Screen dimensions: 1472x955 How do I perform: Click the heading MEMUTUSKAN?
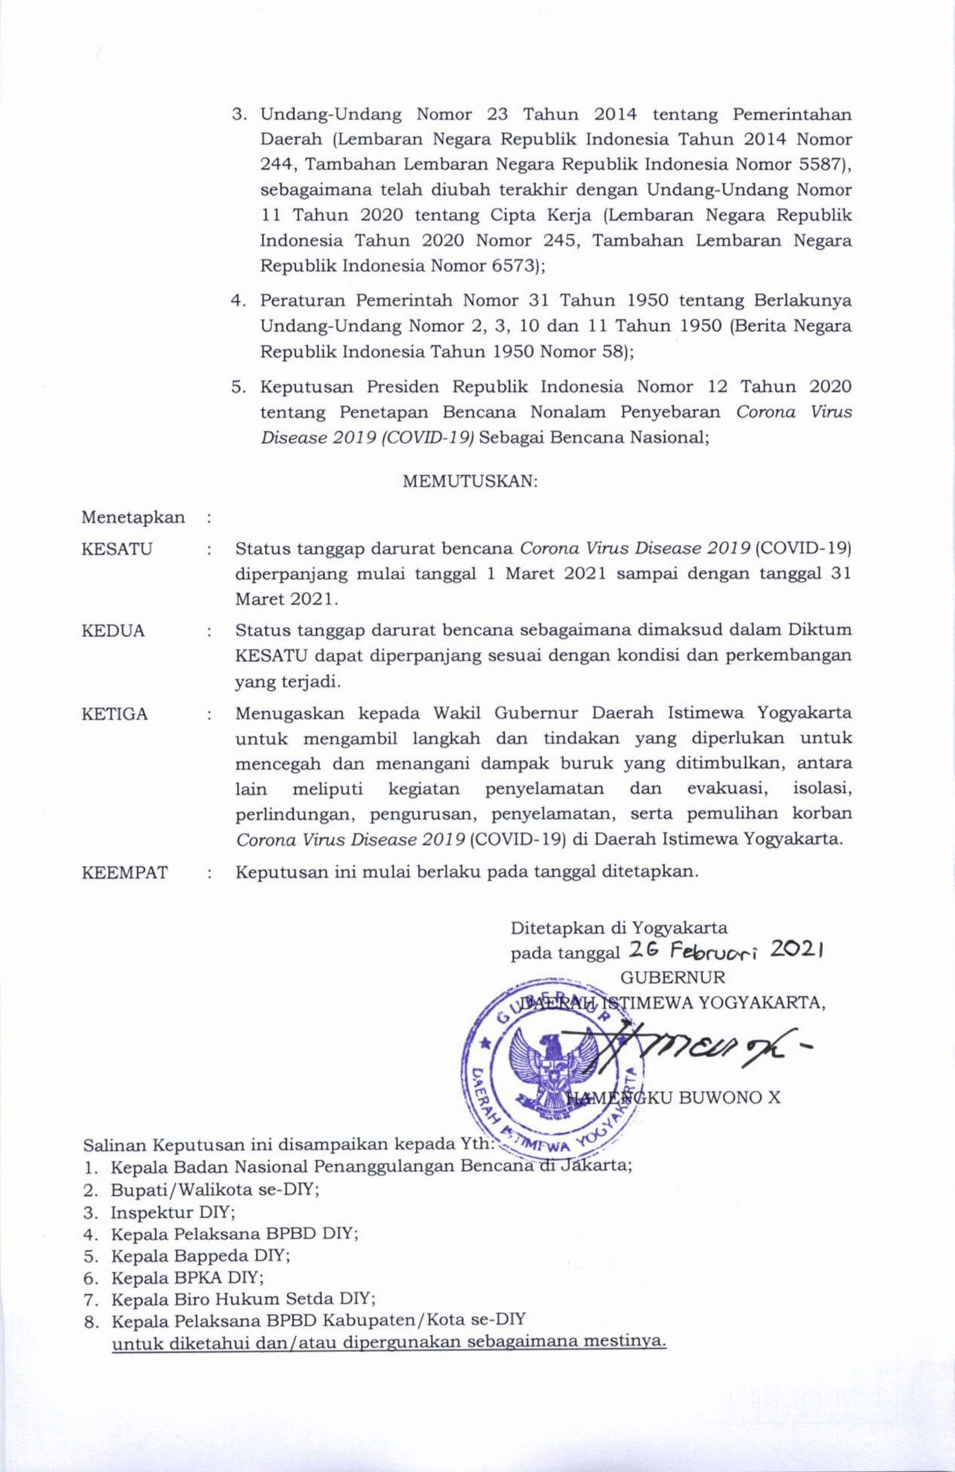(470, 482)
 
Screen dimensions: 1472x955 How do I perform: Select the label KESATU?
(117, 549)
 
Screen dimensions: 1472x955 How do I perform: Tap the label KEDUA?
(113, 631)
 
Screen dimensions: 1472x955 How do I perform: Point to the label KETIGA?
(115, 714)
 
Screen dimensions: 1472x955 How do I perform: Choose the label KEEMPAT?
(125, 873)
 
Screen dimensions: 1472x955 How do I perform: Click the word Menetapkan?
(133, 517)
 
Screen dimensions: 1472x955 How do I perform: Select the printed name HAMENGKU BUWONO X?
(674, 1098)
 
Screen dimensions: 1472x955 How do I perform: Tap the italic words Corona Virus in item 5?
(794, 412)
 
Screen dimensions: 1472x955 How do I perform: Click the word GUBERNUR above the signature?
(672, 977)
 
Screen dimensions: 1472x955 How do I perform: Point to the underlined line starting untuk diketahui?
(390, 1343)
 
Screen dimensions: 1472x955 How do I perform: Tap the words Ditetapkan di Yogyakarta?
(619, 927)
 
